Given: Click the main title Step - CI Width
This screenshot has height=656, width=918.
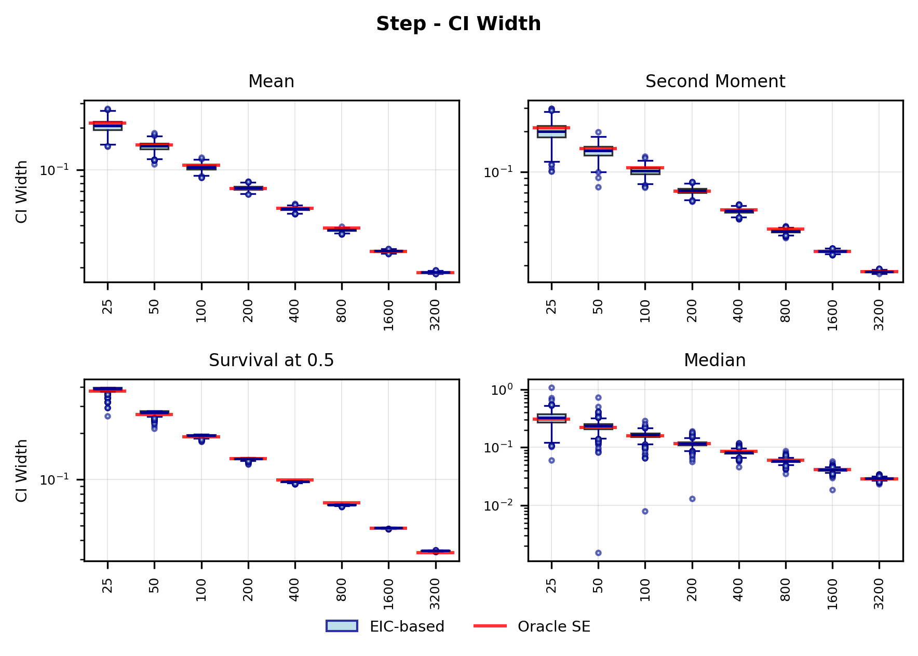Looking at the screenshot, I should [458, 24].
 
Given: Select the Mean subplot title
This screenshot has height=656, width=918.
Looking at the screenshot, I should [271, 82].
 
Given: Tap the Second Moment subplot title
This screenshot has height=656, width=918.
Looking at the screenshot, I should [715, 82].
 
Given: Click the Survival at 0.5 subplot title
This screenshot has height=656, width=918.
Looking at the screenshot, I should [271, 360].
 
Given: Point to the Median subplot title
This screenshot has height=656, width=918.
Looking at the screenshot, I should [714, 360].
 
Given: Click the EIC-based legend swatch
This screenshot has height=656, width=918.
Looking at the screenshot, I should [342, 626].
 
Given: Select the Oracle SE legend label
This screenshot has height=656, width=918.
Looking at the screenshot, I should [554, 627].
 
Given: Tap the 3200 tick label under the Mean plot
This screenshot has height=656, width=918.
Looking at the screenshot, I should [435, 315].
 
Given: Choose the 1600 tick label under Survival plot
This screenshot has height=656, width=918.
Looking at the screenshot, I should [388, 594].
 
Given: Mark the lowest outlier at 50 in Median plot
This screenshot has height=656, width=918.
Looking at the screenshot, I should [598, 553].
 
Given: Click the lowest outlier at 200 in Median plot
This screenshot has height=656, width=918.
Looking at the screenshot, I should [692, 499].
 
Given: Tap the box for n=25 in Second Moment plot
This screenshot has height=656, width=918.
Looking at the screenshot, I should [551, 132].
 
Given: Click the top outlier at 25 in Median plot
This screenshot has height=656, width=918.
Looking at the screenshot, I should [551, 387].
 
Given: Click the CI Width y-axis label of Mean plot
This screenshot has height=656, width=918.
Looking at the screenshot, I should [21, 192].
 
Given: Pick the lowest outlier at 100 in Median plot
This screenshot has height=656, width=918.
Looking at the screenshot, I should [645, 511].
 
